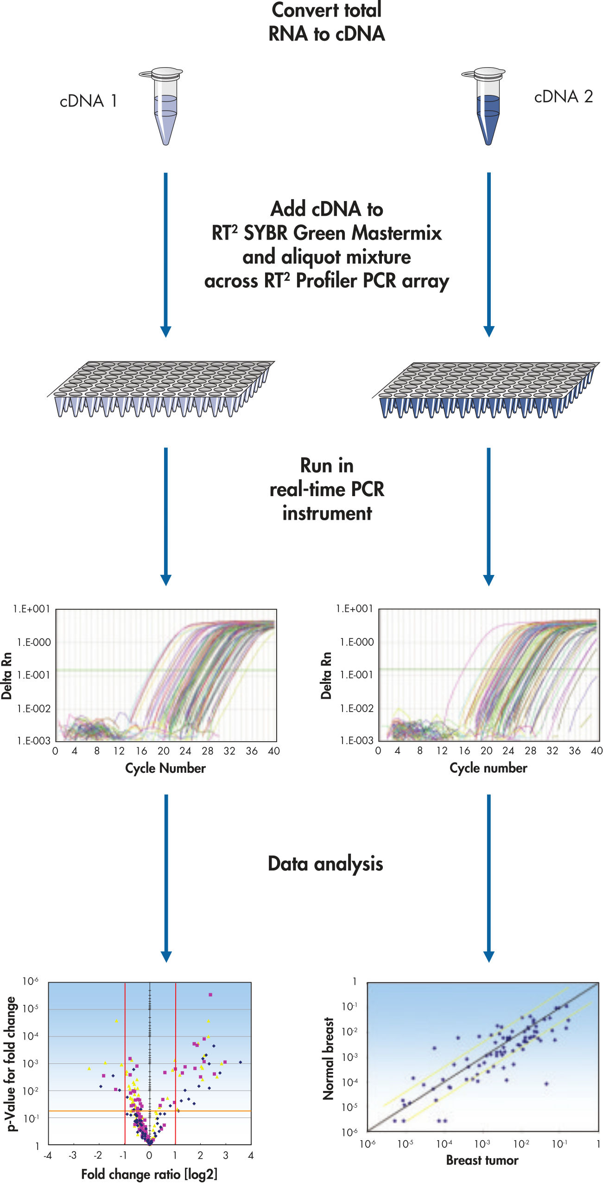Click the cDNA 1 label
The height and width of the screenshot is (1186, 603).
pos(88,101)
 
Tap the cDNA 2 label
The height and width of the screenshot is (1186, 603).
pos(563,97)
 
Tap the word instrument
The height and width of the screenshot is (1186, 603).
pos(327,513)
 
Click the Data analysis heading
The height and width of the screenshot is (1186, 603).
pos(325,864)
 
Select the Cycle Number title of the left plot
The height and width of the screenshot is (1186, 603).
pos(165,768)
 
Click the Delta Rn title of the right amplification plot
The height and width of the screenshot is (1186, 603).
pos(326,675)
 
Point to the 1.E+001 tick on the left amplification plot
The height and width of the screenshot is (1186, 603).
pos(32,609)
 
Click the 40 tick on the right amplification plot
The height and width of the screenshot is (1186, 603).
pos(597,751)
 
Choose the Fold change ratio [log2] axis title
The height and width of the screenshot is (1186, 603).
pos(149,1174)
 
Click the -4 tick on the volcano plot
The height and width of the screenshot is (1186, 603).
pos(48,1155)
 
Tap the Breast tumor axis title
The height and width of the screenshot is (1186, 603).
pos(482,1160)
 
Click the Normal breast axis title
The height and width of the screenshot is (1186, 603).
pos(328,1058)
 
